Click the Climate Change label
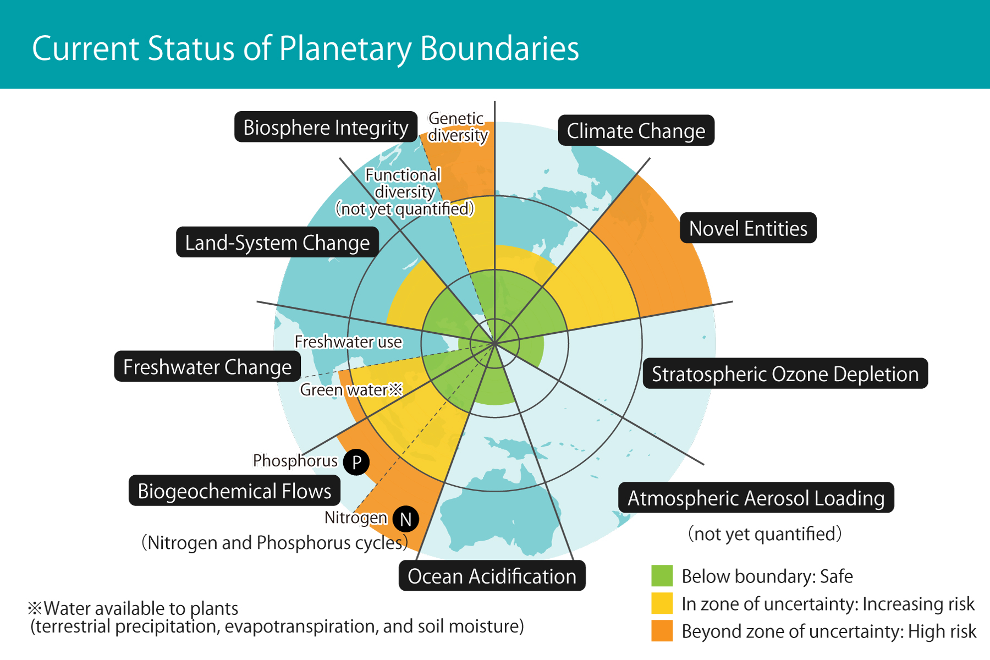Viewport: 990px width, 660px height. click(x=636, y=131)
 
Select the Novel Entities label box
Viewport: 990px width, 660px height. click(x=748, y=228)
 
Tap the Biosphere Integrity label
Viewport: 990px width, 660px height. click(x=326, y=127)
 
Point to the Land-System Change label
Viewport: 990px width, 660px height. click(x=277, y=243)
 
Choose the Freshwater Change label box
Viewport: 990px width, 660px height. click(x=207, y=367)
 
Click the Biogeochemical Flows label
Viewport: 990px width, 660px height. click(x=234, y=491)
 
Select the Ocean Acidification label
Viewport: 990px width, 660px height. click(x=492, y=576)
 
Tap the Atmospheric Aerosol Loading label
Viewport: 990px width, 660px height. click(x=756, y=498)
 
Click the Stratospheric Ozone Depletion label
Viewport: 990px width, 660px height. click(x=785, y=374)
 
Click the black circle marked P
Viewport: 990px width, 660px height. click(x=356, y=462)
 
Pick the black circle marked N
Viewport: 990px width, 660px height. click(x=406, y=519)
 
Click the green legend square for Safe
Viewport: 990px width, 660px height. click(x=662, y=576)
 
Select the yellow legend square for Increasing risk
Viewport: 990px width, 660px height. click(x=662, y=603)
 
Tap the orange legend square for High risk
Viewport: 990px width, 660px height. click(x=662, y=631)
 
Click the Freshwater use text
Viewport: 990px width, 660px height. click(x=348, y=342)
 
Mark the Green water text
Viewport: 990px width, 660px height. click(x=344, y=390)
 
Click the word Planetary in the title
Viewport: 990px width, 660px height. click(x=345, y=48)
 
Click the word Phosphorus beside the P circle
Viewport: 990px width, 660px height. click(x=295, y=461)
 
